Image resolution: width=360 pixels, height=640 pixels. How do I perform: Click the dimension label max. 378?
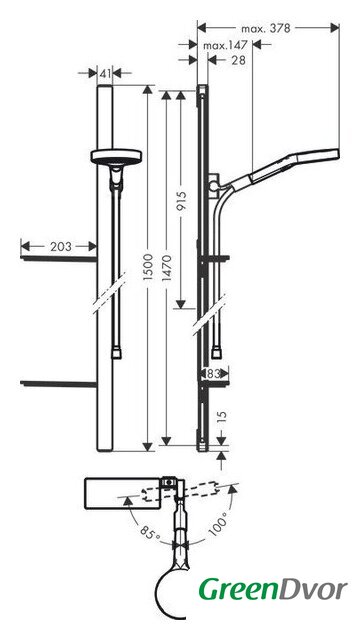266,29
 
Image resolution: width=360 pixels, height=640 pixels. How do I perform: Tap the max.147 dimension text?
225,45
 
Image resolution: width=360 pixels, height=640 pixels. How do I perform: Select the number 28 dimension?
238,60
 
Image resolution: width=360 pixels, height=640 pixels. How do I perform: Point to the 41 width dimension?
105,73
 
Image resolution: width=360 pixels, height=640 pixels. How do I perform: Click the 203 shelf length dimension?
61,247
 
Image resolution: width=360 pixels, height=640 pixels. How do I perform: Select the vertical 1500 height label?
148,267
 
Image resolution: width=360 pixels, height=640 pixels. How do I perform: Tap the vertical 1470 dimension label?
166,267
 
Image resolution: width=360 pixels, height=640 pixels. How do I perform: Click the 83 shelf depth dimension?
214,373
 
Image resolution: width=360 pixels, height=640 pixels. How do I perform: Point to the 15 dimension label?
221,418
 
